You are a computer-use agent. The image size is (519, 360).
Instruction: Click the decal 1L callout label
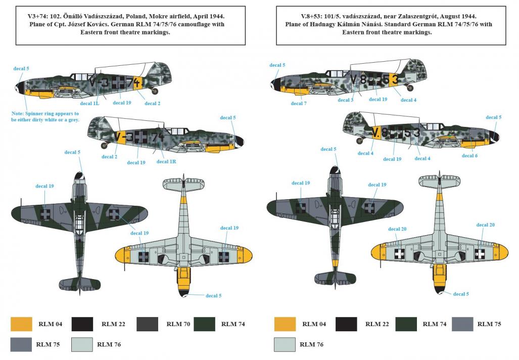tap(89, 103)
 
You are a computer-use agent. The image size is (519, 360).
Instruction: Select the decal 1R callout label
tap(166, 162)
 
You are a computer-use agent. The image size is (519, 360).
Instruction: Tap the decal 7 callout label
tap(299, 103)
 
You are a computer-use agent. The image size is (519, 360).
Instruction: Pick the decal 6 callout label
tap(469, 156)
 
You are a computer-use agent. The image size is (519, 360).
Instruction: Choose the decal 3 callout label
tap(346, 100)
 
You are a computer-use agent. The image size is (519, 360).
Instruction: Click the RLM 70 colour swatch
tap(147, 324)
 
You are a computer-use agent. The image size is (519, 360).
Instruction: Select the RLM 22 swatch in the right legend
tap(346, 324)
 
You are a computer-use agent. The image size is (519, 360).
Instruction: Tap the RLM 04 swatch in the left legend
tap(21, 324)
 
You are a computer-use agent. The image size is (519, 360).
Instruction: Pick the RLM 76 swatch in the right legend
tap(285, 344)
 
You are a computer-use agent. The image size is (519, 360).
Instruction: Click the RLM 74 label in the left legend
tap(233, 324)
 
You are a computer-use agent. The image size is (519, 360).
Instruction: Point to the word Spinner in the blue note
tap(36, 114)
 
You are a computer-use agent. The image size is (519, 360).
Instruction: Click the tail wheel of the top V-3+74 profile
tap(155, 91)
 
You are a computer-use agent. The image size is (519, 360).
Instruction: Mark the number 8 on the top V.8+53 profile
tap(363, 80)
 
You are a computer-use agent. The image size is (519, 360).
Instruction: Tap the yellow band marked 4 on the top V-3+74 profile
tap(137, 82)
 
